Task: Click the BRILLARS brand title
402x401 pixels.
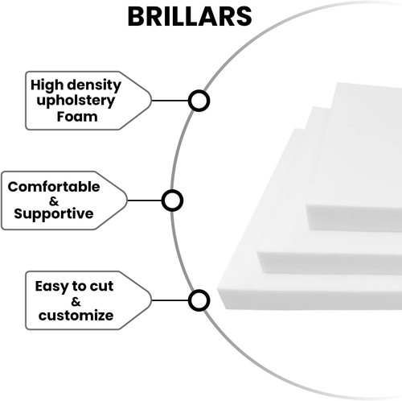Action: [190, 17]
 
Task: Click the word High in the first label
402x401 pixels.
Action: [47, 85]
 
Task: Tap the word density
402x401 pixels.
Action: [94, 85]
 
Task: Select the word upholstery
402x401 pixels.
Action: [76, 101]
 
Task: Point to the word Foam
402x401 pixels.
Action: [77, 117]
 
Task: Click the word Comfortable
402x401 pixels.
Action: [54, 187]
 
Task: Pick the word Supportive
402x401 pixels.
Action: [54, 214]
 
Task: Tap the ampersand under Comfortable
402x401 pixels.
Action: [54, 200]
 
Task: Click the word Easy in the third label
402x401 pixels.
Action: [51, 287]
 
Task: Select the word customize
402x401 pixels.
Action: [76, 316]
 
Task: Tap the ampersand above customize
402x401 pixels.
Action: [76, 302]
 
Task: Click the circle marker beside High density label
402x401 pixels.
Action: [199, 101]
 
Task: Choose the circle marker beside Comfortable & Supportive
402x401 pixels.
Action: [172, 200]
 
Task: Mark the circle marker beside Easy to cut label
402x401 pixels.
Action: [199, 300]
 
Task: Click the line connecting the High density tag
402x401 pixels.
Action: [170, 101]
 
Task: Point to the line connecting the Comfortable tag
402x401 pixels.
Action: [145, 200]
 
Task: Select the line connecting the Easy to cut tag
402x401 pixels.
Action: [170, 300]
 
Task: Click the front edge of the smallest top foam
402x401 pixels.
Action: [354, 218]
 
